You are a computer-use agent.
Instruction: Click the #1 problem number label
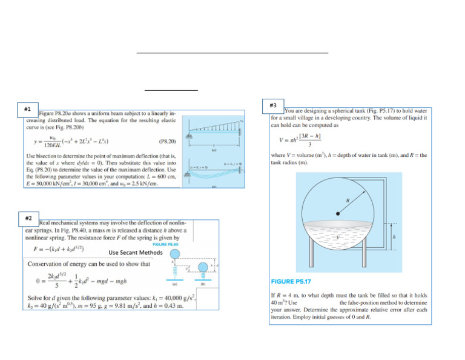click(28, 108)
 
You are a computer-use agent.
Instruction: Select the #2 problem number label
click(28, 216)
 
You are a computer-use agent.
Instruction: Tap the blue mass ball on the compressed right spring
click(203, 267)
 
